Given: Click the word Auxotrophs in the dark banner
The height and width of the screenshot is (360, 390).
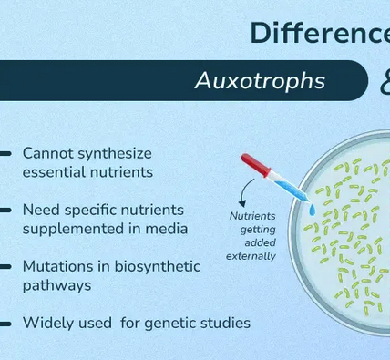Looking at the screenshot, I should (260, 81).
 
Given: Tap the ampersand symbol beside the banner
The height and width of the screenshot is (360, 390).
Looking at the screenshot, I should (383, 83).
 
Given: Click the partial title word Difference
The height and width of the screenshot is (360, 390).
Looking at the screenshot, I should (319, 34).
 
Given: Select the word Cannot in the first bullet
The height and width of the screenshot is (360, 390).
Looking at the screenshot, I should (45, 153).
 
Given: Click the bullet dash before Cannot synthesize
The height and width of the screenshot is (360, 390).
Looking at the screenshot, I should (7, 153).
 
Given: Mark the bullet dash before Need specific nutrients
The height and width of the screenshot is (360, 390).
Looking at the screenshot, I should (7, 211).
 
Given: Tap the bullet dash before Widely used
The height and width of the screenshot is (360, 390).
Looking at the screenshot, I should (7, 323).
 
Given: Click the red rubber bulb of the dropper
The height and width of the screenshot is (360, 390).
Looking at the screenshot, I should (251, 165).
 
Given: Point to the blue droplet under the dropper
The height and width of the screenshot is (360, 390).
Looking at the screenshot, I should (312, 211).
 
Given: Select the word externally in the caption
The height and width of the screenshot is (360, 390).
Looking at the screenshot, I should (251, 256).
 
